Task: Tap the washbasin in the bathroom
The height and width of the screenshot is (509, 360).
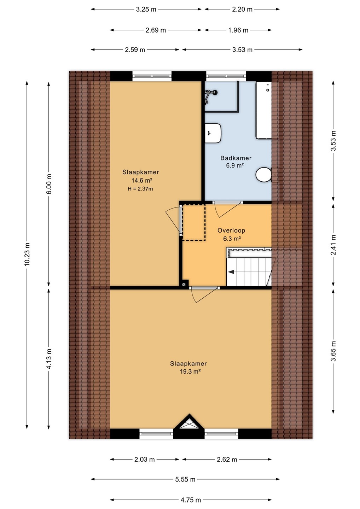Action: coord(213,133)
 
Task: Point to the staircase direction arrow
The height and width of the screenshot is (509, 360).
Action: coord(231,271)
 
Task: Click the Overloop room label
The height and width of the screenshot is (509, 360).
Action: coord(231,230)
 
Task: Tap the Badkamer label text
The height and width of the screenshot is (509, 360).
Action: coord(236,158)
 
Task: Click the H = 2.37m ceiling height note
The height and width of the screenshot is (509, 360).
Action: coord(140,189)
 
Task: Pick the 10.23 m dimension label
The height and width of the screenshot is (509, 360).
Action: coord(27,254)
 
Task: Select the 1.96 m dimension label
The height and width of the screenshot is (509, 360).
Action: coord(238,30)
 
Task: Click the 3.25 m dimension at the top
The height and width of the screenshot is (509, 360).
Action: coord(146,9)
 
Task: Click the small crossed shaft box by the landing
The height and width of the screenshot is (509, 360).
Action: coord(184,284)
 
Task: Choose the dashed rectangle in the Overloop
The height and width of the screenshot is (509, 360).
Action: coord(194,222)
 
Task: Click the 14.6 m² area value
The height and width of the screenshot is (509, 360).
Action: coord(141,180)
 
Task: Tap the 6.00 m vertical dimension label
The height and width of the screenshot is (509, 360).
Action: coord(48,184)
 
